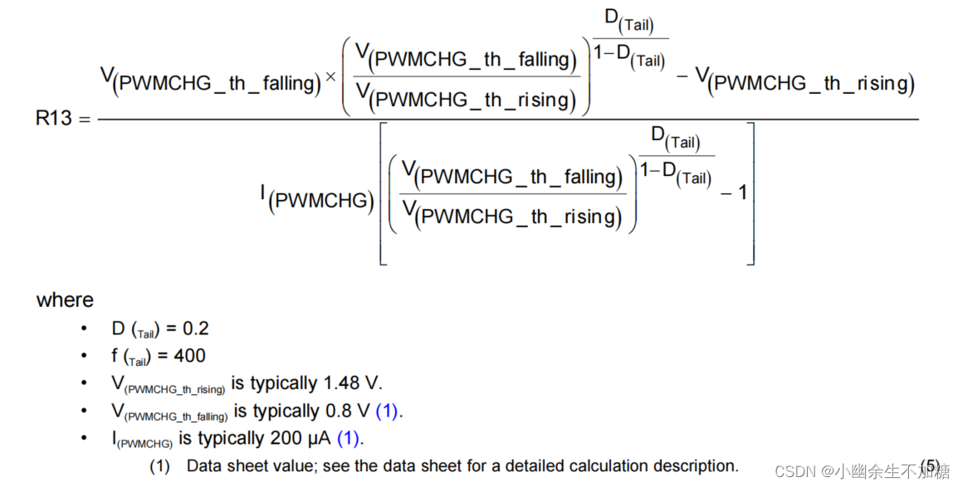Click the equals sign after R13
[x=84, y=119]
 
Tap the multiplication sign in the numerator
[x=330, y=77]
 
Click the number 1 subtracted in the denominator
[x=742, y=192]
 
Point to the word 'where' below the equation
[x=65, y=300]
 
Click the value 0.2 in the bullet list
[x=196, y=329]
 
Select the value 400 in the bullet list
[x=189, y=356]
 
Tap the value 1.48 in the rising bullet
[x=342, y=383]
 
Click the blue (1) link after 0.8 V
[x=389, y=411]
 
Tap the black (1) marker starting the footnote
[x=159, y=466]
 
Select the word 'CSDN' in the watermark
[x=792, y=472]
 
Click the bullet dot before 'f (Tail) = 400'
[x=84, y=357]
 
